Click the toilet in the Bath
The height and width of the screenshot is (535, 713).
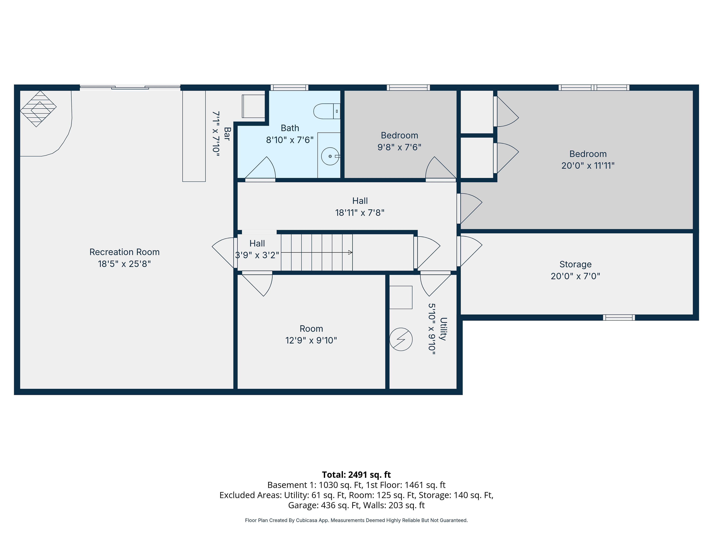(x=327, y=111)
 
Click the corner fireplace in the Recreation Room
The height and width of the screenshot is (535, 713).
(x=38, y=109)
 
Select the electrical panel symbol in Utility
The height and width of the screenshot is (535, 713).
(x=401, y=340)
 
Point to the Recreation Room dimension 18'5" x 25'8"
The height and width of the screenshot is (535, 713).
(x=124, y=264)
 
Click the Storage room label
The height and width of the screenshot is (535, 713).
(x=575, y=265)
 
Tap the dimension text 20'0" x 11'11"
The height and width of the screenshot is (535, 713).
(x=588, y=166)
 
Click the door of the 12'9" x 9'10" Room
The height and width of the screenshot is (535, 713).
(x=257, y=284)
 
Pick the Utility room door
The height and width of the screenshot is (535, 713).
(x=435, y=284)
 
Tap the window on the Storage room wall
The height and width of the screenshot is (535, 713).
(x=619, y=318)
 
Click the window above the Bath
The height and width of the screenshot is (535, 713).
(x=289, y=87)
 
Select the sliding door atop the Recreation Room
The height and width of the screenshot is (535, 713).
(x=130, y=87)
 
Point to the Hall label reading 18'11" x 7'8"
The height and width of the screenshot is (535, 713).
(x=360, y=213)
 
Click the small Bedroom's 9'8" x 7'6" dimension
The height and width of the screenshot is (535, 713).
(x=399, y=147)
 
